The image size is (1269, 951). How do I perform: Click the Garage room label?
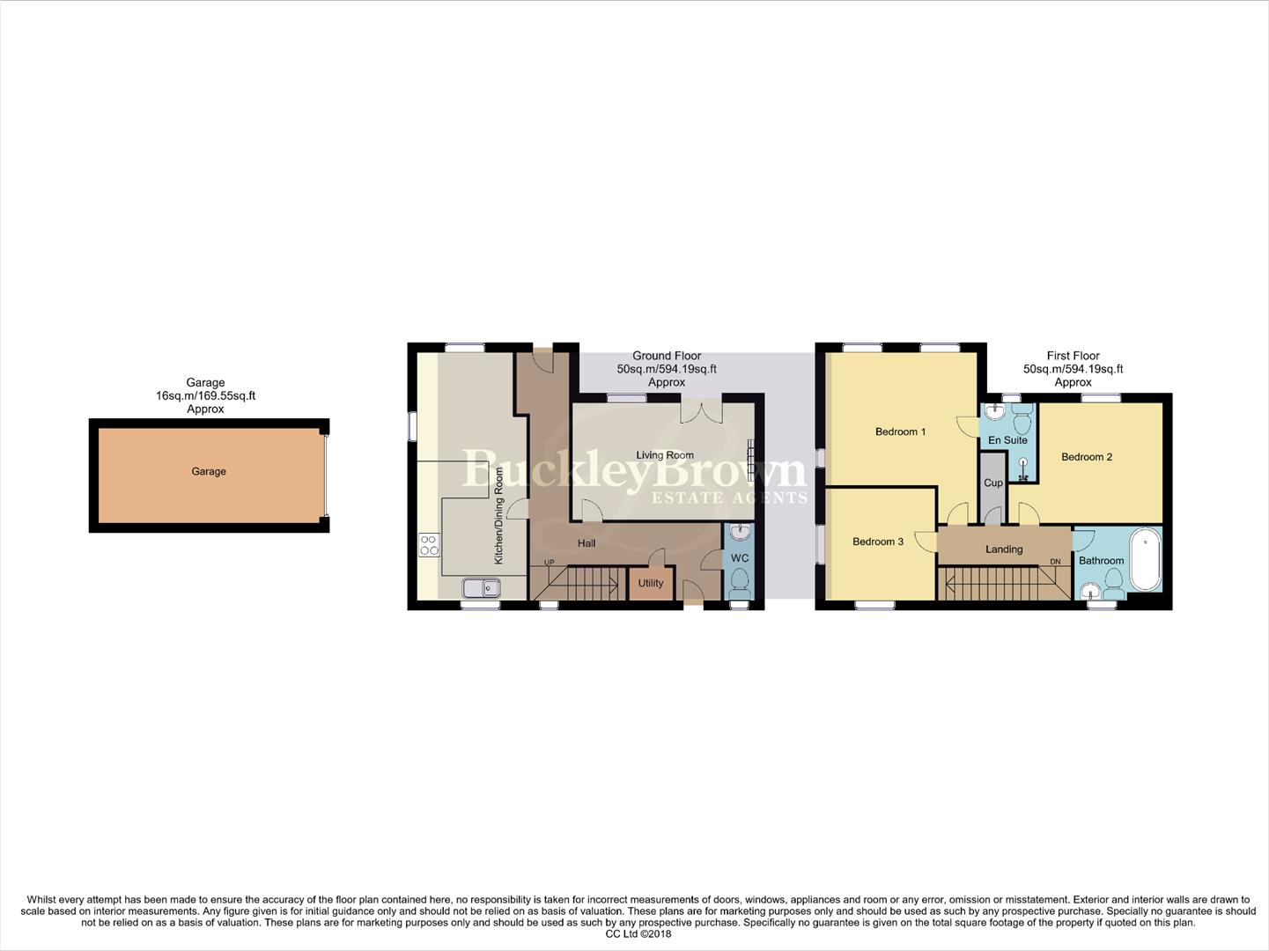pyautogui.click(x=209, y=472)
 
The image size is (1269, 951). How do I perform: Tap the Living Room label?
pyautogui.click(x=665, y=455)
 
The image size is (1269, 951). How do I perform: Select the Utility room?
pyautogui.click(x=651, y=583)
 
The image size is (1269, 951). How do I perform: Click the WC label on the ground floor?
pyautogui.click(x=740, y=558)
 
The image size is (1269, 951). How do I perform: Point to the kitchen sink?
pyautogui.click(x=481, y=587)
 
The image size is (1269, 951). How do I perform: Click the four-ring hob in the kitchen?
pyautogui.click(x=429, y=545)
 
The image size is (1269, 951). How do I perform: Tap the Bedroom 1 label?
pyautogui.click(x=900, y=431)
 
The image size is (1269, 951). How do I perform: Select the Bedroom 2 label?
pyautogui.click(x=1087, y=457)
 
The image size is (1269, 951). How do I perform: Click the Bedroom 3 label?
pyautogui.click(x=878, y=542)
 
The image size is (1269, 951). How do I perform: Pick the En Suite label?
pyautogui.click(x=1007, y=440)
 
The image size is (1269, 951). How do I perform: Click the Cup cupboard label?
pyautogui.click(x=993, y=483)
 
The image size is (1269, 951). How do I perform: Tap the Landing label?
pyautogui.click(x=1004, y=549)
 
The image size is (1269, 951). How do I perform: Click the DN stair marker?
pyautogui.click(x=1055, y=563)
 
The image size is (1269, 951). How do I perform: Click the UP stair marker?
pyautogui.click(x=550, y=563)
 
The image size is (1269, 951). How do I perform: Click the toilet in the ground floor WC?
pyautogui.click(x=740, y=581)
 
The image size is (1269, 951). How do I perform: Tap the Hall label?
pyautogui.click(x=587, y=543)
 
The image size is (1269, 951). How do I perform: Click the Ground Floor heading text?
pyautogui.click(x=667, y=356)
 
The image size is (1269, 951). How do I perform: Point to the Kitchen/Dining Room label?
pyautogui.click(x=499, y=515)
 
